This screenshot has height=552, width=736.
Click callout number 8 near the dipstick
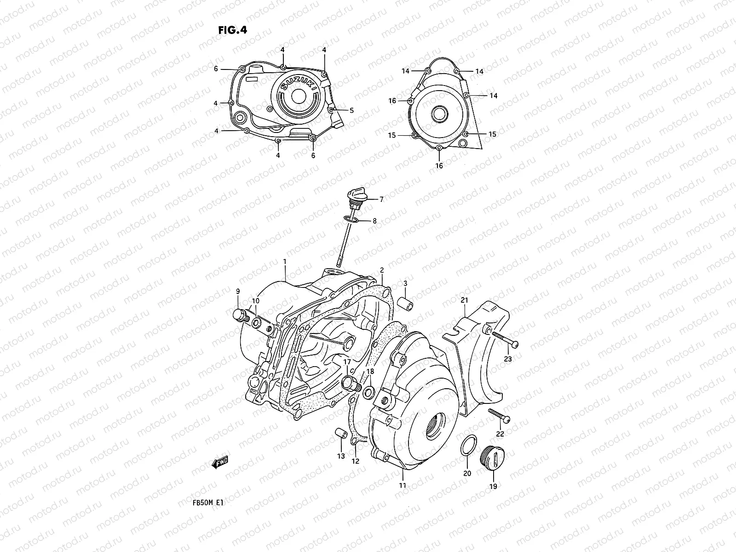374,221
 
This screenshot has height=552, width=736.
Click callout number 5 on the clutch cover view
351,110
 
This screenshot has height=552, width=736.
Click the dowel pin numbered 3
405,305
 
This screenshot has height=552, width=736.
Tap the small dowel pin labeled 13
340,434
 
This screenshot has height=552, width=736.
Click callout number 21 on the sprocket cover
464,300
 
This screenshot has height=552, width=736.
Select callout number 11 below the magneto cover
402,485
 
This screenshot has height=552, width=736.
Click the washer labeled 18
368,392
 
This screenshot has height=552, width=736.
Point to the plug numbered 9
239,315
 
